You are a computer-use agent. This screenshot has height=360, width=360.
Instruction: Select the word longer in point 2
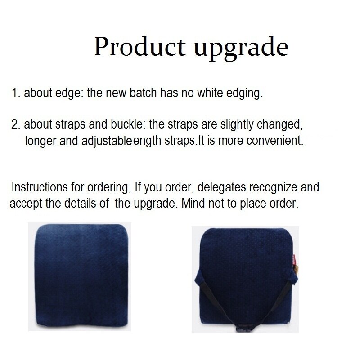pos(40,141)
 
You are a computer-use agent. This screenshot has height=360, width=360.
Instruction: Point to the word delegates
pos(221,187)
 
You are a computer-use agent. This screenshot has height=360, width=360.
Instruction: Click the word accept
pos(24,204)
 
